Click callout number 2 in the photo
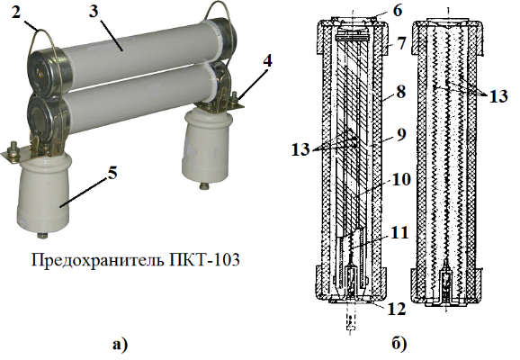[16, 13]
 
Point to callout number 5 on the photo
[112, 172]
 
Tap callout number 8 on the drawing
[400, 91]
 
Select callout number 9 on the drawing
[401, 134]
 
